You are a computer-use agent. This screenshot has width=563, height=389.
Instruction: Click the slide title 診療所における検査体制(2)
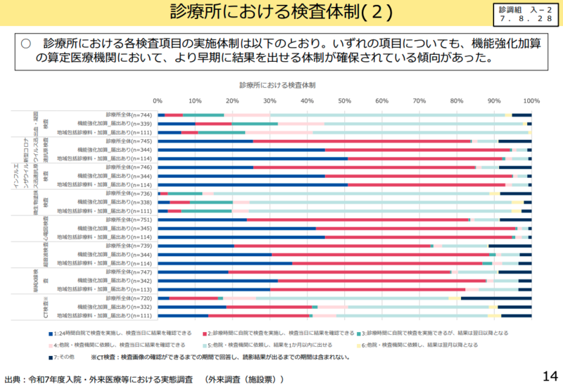281,13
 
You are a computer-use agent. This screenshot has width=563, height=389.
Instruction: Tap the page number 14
550,375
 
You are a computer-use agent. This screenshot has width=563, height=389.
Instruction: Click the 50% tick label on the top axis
344,100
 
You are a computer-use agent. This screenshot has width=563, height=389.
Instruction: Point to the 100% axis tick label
532,100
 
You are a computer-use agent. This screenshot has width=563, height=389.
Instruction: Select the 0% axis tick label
158,100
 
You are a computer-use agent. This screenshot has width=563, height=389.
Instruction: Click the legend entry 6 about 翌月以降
422,345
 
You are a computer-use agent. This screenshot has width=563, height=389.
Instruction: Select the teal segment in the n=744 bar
203,115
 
